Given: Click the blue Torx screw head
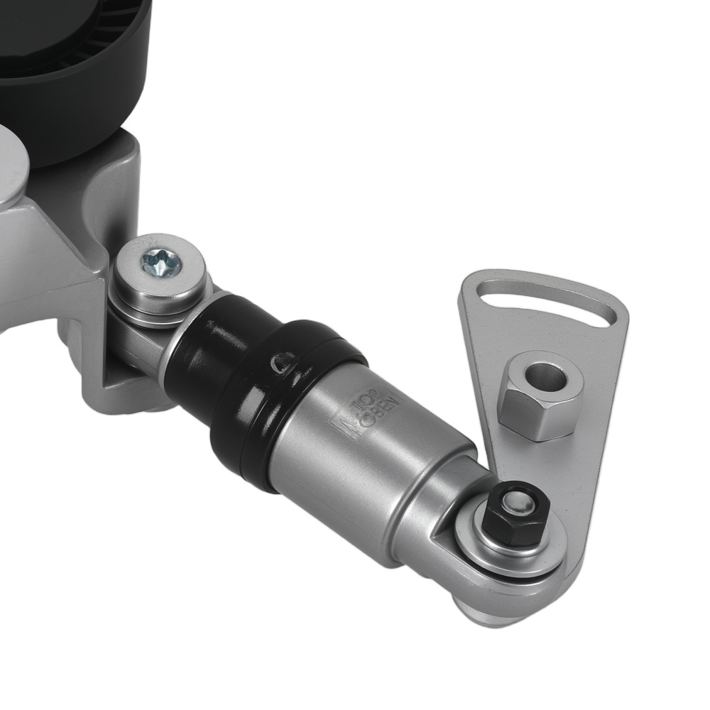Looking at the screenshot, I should pos(161,265).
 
